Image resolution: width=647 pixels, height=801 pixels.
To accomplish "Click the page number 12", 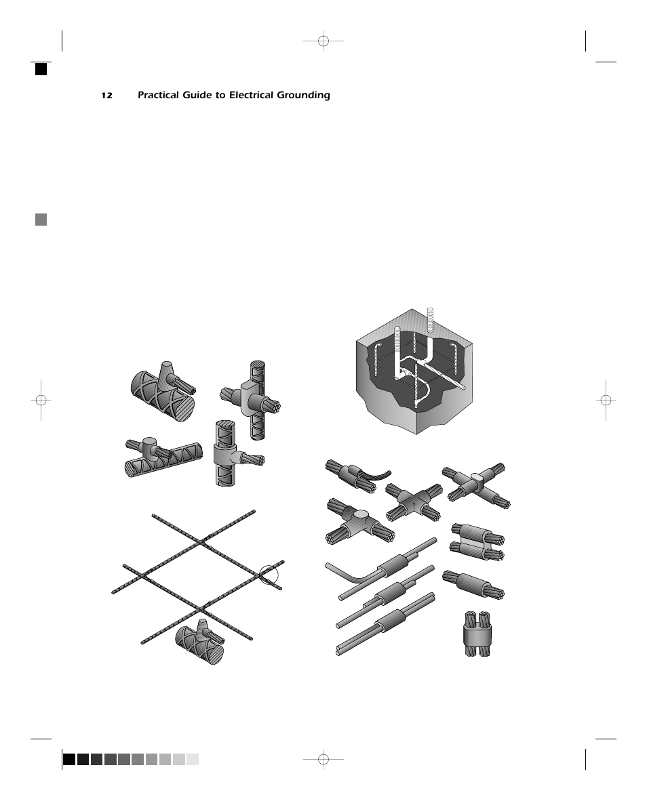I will pyautogui.click(x=106, y=96).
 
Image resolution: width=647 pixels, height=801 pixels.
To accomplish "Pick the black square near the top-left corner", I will pyautogui.click(x=41, y=68).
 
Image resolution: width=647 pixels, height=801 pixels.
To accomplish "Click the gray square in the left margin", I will pyautogui.click(x=41, y=219).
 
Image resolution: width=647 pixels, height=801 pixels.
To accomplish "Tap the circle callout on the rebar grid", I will pyautogui.click(x=269, y=574).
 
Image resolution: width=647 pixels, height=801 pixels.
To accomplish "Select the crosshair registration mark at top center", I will pyautogui.click(x=323, y=41).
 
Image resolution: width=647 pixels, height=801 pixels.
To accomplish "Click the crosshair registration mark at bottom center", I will pyautogui.click(x=323, y=759).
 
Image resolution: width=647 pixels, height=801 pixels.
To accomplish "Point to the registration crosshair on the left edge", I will pyautogui.click(x=41, y=400).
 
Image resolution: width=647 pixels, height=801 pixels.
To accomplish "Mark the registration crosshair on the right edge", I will pyautogui.click(x=606, y=400).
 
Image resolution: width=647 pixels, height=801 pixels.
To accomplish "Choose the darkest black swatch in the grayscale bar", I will pyautogui.click(x=69, y=759).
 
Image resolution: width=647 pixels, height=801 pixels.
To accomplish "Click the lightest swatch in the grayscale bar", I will pyautogui.click(x=193, y=759).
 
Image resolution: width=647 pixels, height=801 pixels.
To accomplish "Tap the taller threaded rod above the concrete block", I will pyautogui.click(x=430, y=322).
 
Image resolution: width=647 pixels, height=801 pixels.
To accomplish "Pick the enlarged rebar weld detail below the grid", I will pyautogui.click(x=200, y=641).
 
